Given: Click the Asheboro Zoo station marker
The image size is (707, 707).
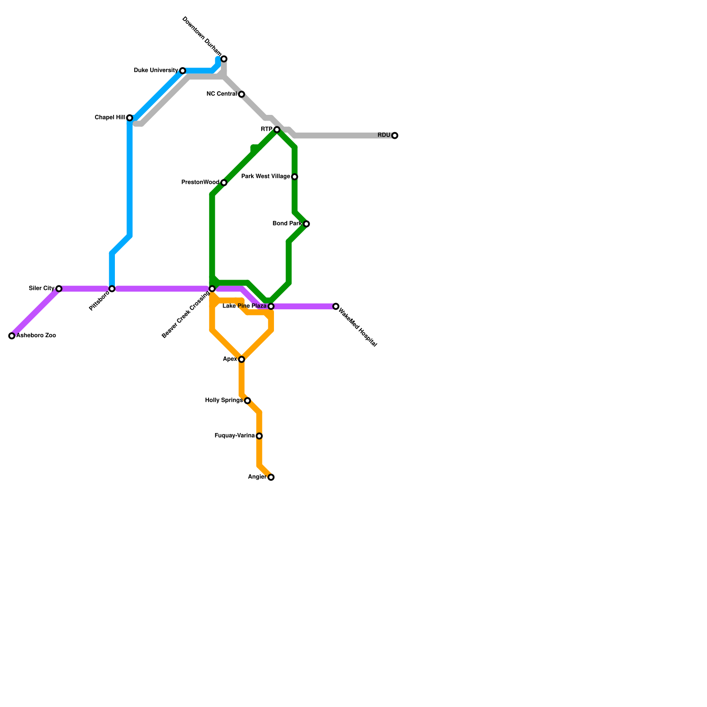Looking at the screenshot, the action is (x=12, y=336).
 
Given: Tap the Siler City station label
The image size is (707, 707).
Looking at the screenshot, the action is (x=42, y=289).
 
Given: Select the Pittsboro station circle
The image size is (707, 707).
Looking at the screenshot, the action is (x=112, y=289).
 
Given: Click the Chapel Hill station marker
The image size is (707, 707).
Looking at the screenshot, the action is (x=129, y=118).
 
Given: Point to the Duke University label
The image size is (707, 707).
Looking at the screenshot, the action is (x=156, y=70).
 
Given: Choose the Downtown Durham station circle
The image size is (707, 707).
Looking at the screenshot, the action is (x=224, y=59).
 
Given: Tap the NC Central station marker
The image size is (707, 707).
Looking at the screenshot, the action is (x=242, y=95).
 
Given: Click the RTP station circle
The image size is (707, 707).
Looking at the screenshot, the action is (x=277, y=129).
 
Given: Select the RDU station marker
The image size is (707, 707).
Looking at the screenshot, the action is (x=395, y=136).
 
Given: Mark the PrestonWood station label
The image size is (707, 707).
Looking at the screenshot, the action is (x=200, y=182).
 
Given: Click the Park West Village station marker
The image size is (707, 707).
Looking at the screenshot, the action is (x=295, y=177).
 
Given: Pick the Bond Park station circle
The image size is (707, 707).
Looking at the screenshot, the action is (x=307, y=224).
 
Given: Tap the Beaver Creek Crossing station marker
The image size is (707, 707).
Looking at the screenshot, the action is (x=212, y=289).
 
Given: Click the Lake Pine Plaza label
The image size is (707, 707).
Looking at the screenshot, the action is (x=244, y=306).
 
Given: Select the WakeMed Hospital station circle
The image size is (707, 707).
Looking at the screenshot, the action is (x=336, y=306).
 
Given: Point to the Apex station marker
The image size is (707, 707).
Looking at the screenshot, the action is (x=242, y=360).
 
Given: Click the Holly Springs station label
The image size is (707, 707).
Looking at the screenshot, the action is (x=224, y=401).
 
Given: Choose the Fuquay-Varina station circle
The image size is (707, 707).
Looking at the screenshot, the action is (x=259, y=436).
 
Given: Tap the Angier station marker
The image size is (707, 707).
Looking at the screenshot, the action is (x=271, y=477).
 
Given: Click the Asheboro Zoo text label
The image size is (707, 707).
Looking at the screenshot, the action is (x=36, y=336).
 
